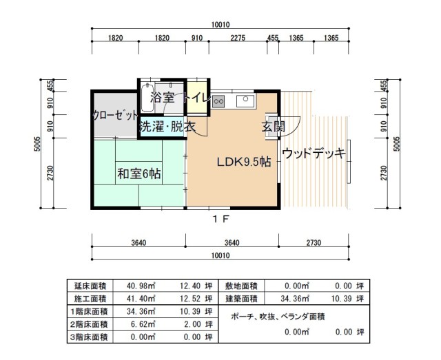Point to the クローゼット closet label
[x=116, y=116]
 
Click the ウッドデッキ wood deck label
[x=314, y=153]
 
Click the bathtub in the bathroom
[x=150, y=98]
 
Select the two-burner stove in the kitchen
[x=218, y=101]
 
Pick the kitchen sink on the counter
[x=245, y=101]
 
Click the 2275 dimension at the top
[x=238, y=39]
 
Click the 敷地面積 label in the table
[x=241, y=286]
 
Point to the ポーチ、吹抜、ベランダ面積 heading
[x=278, y=316]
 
